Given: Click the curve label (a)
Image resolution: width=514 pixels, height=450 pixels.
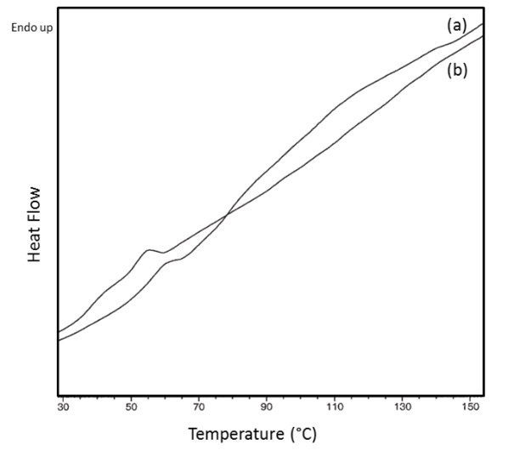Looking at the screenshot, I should (458, 26).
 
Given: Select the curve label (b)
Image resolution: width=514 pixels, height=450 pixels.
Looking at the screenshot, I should (458, 71).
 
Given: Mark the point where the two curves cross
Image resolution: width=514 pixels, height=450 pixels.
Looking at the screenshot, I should (226, 216).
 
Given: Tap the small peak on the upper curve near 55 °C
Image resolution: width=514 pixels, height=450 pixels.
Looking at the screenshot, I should (150, 250).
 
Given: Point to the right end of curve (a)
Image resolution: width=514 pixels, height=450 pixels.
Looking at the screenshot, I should (483, 24).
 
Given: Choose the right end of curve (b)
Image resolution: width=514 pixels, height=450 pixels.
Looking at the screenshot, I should (483, 36).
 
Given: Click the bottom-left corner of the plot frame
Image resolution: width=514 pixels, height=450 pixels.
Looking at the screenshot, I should (58, 396).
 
